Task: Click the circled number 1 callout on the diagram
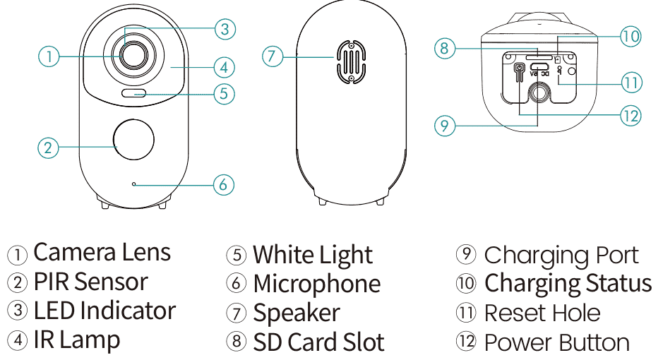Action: coord(48,56)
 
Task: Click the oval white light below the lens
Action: coord(133,93)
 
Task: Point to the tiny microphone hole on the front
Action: coord(133,185)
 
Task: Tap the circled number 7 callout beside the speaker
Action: coord(273,56)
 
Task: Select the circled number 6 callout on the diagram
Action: coord(223,185)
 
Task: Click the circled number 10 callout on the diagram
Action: coord(630,35)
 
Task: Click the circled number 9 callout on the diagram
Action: coord(444,126)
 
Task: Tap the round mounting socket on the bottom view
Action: coord(541,93)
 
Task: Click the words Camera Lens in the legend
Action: coord(102,253)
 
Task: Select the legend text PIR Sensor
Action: coord(90,282)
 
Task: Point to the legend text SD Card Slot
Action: coord(318,343)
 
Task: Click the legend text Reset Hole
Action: coord(542,313)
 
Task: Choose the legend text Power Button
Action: coord(556,343)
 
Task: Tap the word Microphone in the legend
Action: coord(316,284)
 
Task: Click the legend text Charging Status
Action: coord(567,283)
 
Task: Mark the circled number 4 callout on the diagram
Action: coord(223,68)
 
